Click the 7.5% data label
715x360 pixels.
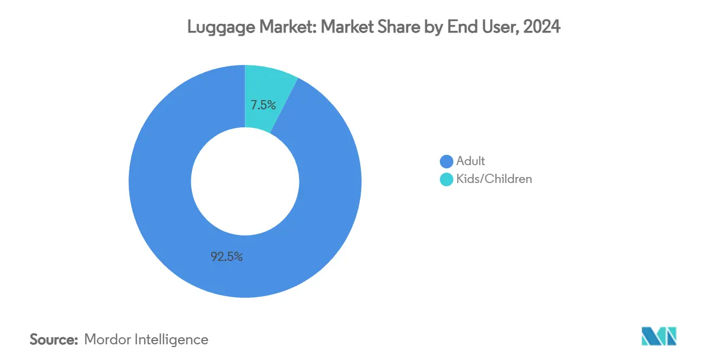tap(263, 105)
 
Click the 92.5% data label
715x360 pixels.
tap(226, 257)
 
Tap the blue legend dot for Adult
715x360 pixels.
tap(446, 161)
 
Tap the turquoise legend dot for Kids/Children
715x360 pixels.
tap(446, 179)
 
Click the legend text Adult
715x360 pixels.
tap(471, 161)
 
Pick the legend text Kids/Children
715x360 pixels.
tap(494, 179)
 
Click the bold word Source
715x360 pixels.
tap(54, 339)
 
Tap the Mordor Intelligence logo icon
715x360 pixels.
tap(659, 337)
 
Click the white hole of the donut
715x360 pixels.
tap(245, 181)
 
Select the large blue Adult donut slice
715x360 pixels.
tap(162, 206)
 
